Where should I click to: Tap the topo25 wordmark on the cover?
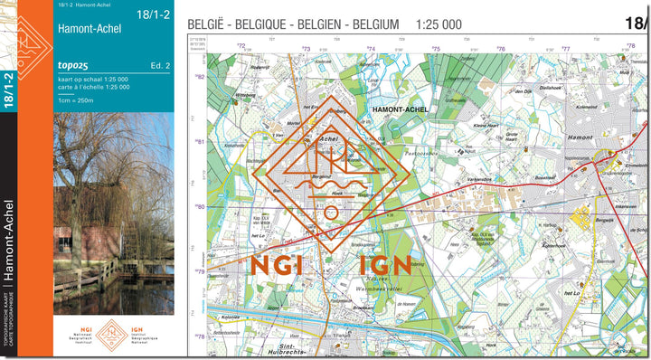point(71,66)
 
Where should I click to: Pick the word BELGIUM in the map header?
point(372,24)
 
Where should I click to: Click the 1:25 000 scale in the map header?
point(438,24)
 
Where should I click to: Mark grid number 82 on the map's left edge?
point(201,78)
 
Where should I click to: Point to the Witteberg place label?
point(246,94)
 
